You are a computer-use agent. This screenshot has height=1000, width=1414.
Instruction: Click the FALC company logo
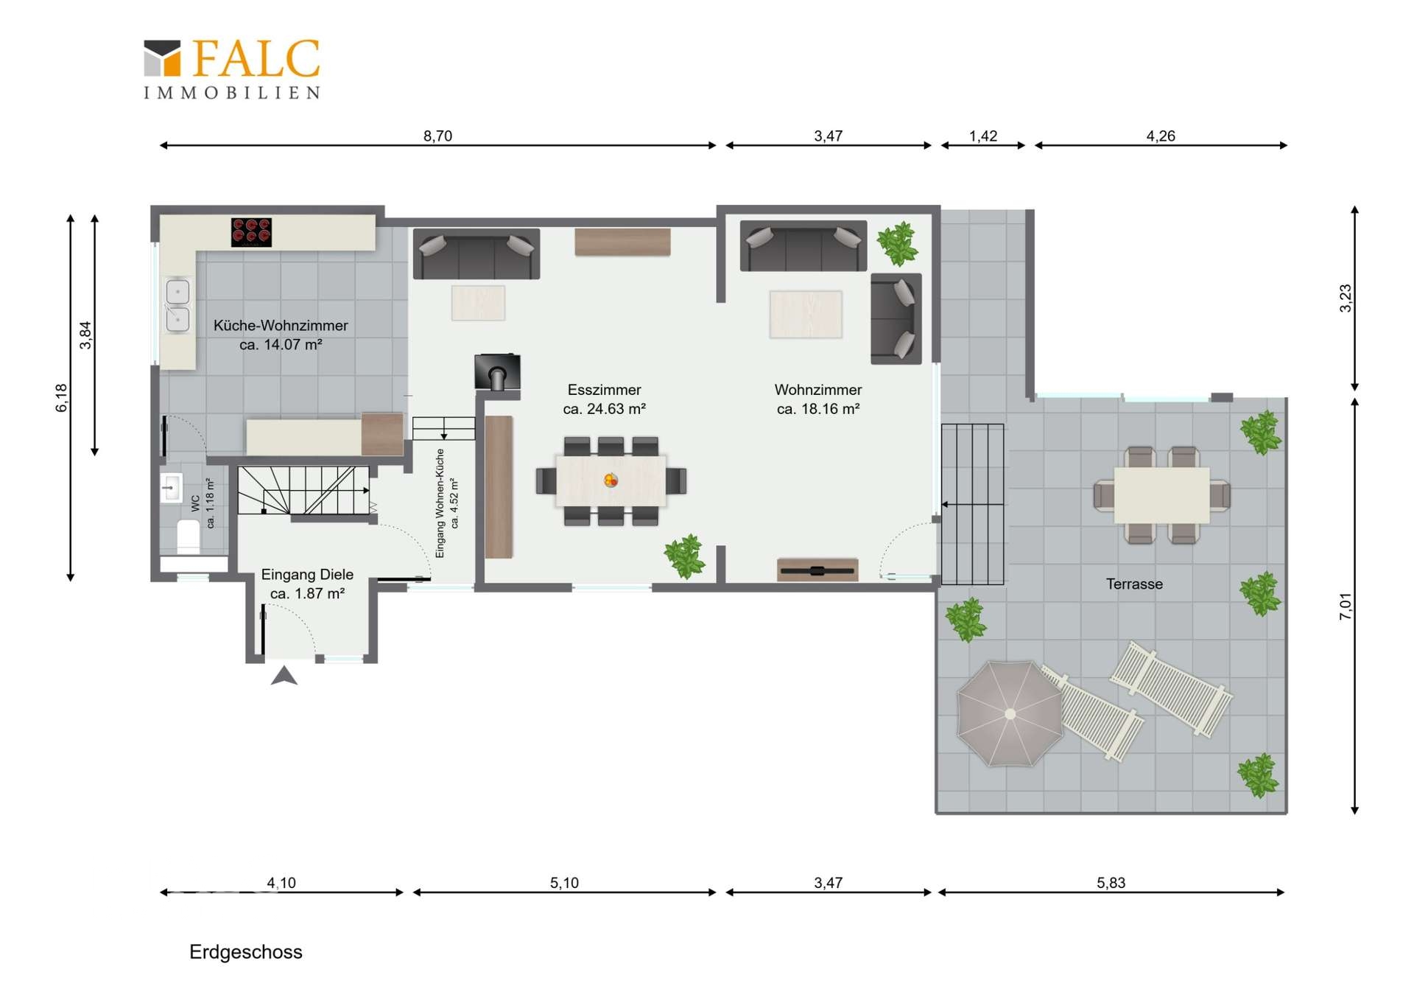pos(232,69)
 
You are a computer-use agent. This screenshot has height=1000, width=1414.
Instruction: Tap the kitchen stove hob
pos(251,232)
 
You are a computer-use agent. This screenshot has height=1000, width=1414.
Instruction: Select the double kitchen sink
pos(177,305)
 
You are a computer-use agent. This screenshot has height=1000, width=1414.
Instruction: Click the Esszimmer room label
pos(605,399)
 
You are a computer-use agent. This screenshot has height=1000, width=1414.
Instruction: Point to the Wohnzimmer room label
pos(818,399)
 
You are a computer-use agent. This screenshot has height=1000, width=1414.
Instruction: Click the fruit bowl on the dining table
pos(611,480)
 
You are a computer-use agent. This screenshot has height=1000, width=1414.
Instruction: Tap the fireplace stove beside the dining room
pos(498,372)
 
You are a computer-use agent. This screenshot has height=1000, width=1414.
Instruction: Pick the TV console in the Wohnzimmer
pos(817,570)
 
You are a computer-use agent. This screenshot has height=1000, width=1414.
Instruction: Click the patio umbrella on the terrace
pos(1010,713)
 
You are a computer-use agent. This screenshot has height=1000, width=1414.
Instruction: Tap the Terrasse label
pos(1134,584)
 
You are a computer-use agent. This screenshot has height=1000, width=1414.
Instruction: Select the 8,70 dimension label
pos(437,136)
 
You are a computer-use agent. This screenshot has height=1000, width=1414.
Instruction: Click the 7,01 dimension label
pos(1346,606)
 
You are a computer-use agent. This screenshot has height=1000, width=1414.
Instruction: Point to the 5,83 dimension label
pos(1111,883)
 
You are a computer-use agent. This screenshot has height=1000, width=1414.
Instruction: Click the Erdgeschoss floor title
pos(246,952)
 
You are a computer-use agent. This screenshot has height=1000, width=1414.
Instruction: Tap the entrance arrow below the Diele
pos(284,676)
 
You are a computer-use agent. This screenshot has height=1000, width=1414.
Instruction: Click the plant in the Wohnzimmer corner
pos(897,243)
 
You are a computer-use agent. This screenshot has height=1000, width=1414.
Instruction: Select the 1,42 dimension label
pos(983,136)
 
